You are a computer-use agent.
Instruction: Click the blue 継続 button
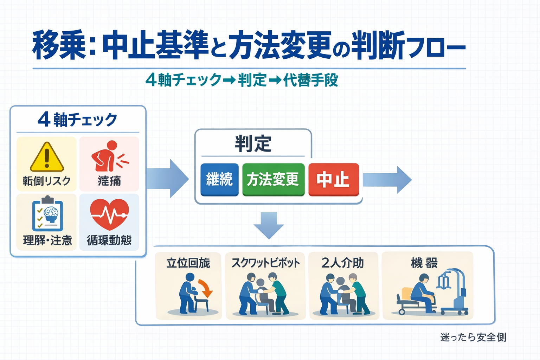219,180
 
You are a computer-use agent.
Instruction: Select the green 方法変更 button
273,180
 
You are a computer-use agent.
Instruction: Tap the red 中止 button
333,180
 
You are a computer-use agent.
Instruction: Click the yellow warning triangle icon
47,157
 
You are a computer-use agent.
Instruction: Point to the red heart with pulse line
109,214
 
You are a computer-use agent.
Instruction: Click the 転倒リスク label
47,181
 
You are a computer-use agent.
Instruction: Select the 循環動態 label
109,240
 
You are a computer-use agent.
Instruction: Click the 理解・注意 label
47,240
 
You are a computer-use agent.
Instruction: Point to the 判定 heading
253,144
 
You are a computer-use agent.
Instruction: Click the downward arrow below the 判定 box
269,225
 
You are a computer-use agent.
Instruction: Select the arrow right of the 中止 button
387,180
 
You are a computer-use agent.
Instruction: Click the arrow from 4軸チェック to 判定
168,179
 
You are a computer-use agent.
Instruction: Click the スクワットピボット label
266,263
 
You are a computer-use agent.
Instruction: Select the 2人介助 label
342,263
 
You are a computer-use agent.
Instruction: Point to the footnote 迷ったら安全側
473,337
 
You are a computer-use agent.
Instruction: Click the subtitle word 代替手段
311,80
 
